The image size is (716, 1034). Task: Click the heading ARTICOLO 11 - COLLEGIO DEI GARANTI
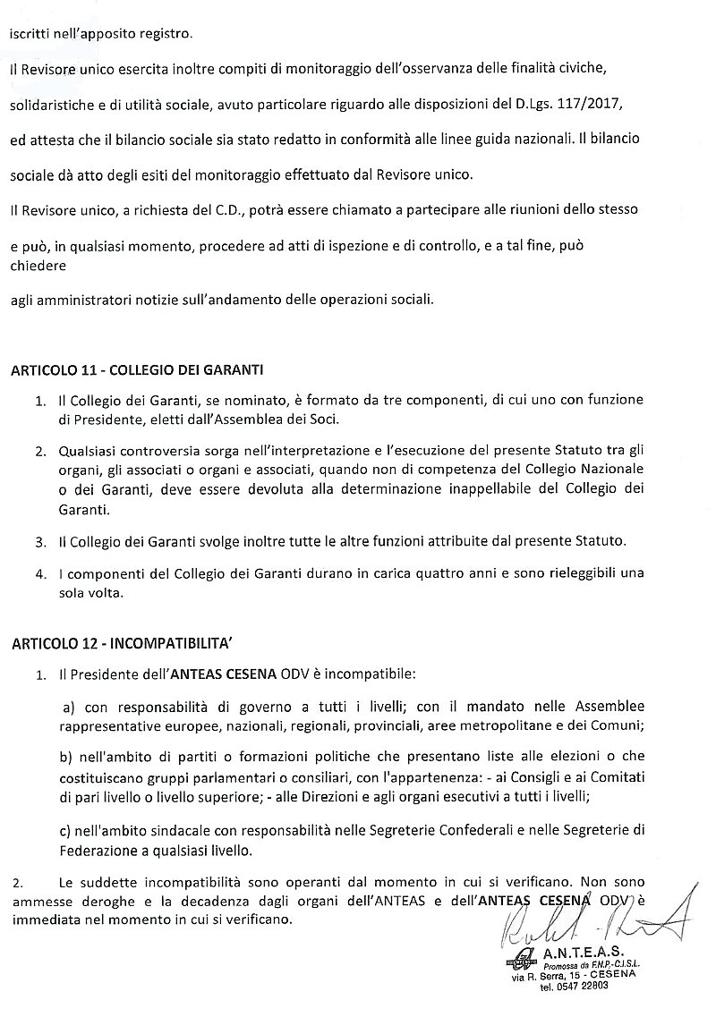pos(135,369)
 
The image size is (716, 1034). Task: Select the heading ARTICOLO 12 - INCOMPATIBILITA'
pos(122,642)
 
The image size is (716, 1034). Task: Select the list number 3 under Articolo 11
pos(40,542)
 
